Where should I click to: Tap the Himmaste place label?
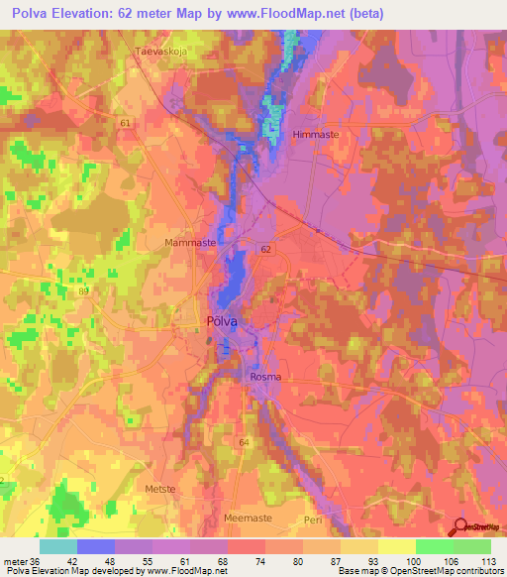coord(318,134)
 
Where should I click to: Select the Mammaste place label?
coord(187,241)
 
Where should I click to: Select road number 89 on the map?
coord(83,290)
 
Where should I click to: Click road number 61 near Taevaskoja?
coord(125,123)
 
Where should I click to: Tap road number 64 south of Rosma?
coord(244,441)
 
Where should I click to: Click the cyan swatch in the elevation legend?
coord(58,546)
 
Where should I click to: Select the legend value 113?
coord(490,560)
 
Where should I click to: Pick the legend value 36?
coord(39,560)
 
